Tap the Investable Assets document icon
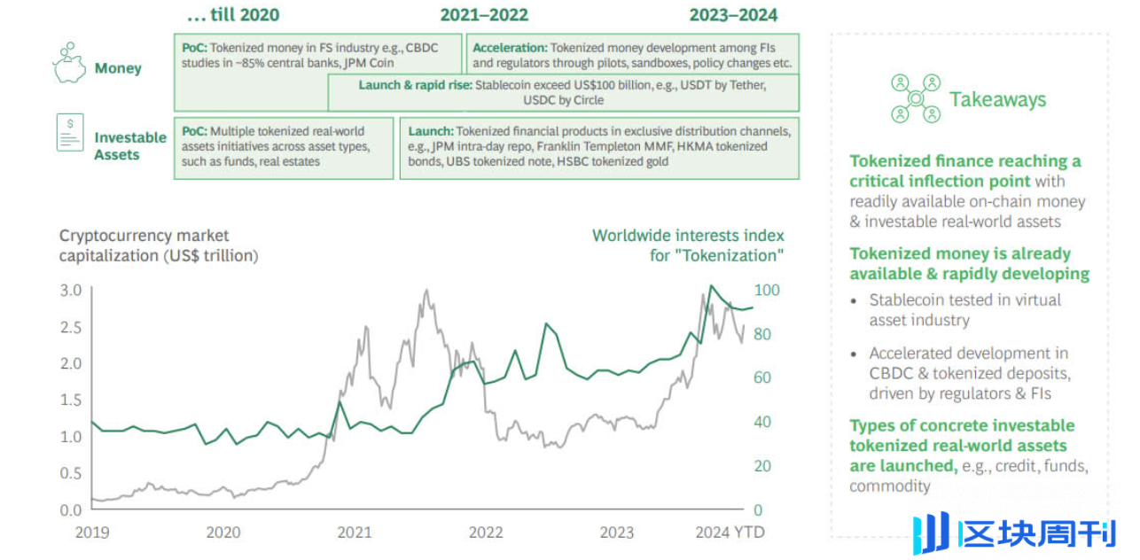coord(70,132)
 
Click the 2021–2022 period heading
coord(484,15)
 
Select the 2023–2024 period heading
coord(733,15)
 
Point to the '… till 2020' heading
coord(233,15)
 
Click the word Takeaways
coord(997,99)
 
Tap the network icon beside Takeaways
coord(915,98)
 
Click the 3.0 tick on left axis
coord(71,291)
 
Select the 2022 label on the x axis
coord(486,533)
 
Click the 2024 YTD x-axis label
coord(730,533)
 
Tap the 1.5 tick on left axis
coord(71,401)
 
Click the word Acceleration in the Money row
coord(509,48)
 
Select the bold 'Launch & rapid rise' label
coord(415,85)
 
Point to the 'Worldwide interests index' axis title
coord(688,236)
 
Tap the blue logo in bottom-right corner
coord(931,533)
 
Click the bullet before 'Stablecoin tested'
coord(854,300)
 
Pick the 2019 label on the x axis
coord(92,533)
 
